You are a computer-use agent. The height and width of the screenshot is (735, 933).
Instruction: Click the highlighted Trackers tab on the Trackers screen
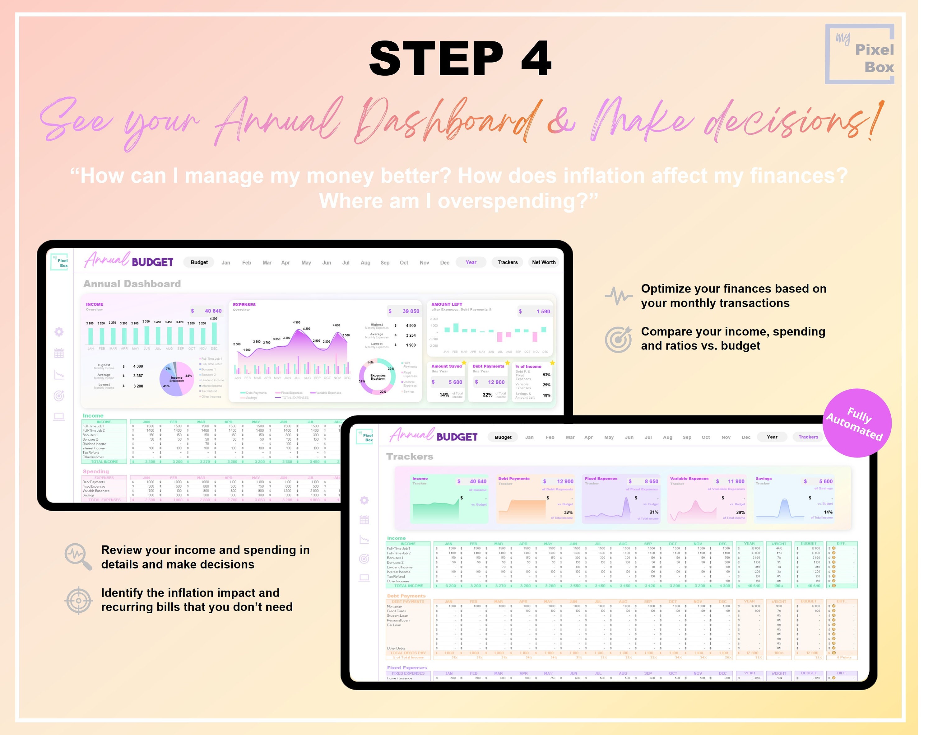[808, 437]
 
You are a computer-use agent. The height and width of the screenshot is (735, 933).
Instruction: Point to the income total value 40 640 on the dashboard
[212, 311]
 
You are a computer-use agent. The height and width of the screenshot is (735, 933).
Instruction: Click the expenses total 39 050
[411, 311]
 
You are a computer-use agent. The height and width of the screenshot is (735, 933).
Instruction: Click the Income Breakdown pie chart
[177, 379]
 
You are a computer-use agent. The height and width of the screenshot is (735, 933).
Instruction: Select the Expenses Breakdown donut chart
[377, 377]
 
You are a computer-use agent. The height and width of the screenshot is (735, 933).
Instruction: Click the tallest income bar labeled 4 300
[214, 333]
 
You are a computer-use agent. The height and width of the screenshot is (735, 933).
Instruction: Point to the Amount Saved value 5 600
[455, 382]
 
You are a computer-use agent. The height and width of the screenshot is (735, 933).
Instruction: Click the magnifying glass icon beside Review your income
[78, 556]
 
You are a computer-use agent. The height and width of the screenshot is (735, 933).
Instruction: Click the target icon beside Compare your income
[618, 339]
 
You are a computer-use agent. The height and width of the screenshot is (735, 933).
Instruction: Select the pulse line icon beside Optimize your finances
[618, 296]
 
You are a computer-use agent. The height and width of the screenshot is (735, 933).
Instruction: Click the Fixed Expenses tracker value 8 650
[651, 481]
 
